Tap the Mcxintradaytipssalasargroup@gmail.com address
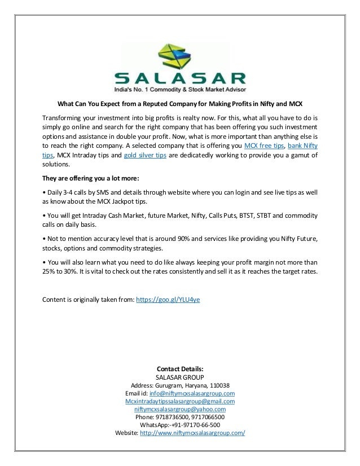179,401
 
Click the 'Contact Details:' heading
179,368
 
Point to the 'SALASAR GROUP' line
179,377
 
